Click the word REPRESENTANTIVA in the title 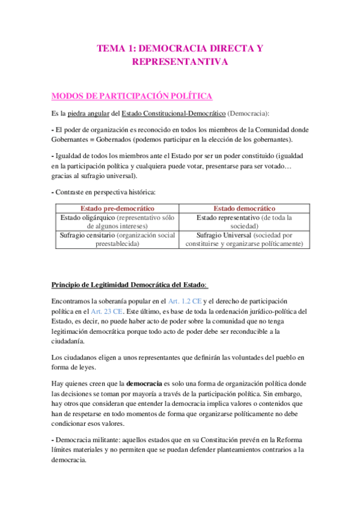(x=180, y=61)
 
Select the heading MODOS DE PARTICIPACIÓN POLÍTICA (x=132, y=96)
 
